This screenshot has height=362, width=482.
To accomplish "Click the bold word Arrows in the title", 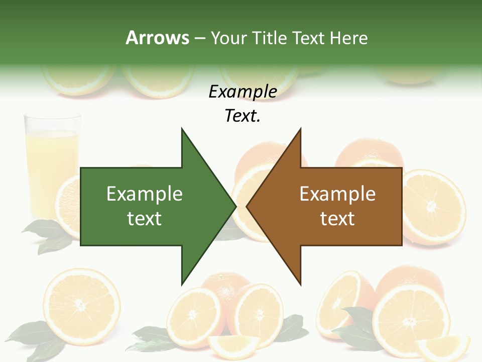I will pyautogui.click(x=157, y=38).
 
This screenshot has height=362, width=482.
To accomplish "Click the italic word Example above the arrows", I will pyautogui.click(x=243, y=92).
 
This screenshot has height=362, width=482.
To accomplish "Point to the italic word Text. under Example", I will pyautogui.click(x=243, y=116).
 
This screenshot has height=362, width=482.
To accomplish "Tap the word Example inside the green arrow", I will pyautogui.click(x=145, y=194).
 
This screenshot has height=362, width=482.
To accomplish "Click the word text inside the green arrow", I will pyautogui.click(x=145, y=219).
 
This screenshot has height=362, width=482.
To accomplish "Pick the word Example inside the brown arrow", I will pyautogui.click(x=337, y=194).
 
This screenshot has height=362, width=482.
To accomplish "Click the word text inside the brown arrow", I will pyautogui.click(x=337, y=219).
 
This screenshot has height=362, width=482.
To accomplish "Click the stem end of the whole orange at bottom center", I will pyautogui.click(x=219, y=277).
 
